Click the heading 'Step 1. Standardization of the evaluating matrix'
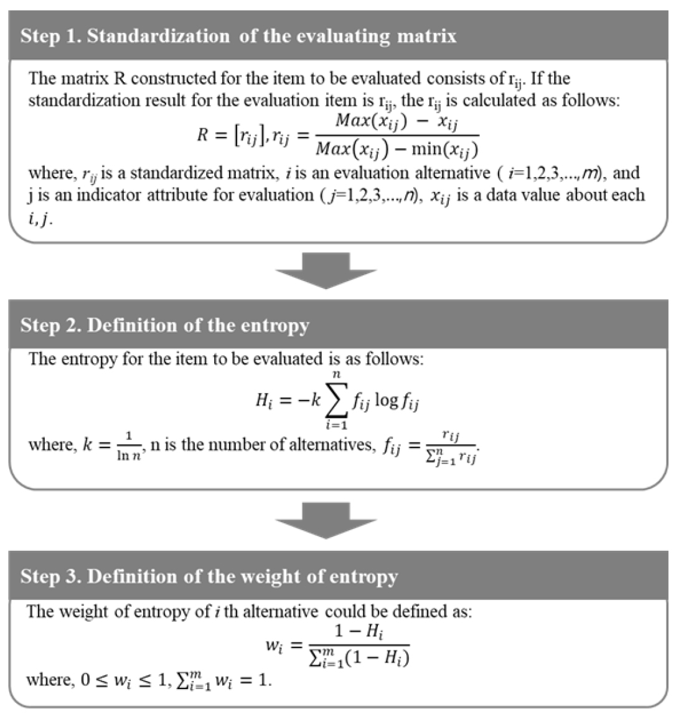238,36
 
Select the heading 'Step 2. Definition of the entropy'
165,325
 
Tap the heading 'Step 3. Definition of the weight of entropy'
209,576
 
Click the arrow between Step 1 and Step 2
326,270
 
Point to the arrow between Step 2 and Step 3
326,520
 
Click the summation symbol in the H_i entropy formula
337,400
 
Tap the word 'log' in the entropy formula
387,401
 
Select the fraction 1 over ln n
129,445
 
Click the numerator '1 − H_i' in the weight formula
359,631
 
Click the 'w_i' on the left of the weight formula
275,646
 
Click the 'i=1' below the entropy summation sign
337,425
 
